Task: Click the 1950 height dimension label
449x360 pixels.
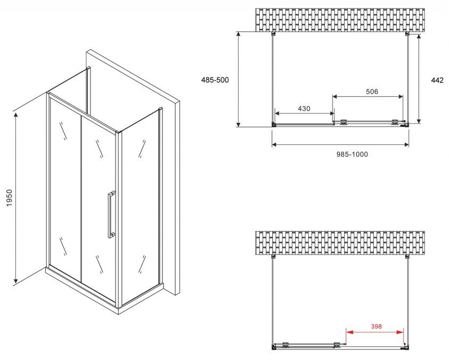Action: (x=10, y=198)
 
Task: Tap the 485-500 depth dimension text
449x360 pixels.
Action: (x=215, y=80)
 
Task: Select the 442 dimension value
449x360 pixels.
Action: (x=437, y=80)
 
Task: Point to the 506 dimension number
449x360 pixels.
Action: (x=372, y=92)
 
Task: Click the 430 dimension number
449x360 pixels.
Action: (x=304, y=109)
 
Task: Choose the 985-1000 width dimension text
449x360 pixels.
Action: (x=352, y=154)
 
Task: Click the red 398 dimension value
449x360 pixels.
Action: (x=376, y=326)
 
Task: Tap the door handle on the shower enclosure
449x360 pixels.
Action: (x=111, y=214)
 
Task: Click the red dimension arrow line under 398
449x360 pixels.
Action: (x=375, y=332)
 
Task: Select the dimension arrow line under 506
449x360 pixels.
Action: (x=368, y=96)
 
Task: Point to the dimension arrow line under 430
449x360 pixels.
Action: (x=304, y=113)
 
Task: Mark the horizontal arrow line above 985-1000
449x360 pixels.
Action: (x=340, y=145)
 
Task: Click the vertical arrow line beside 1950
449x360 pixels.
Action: (x=16, y=198)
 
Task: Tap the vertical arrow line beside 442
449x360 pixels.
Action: (x=419, y=79)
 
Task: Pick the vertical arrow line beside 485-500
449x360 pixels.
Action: (x=238, y=79)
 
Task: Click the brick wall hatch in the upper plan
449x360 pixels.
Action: (x=340, y=20)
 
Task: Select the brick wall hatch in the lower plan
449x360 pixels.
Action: (x=340, y=243)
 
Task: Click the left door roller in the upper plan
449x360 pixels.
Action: (x=344, y=122)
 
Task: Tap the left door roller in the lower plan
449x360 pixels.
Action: (x=285, y=345)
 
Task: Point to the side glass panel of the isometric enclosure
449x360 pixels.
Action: (x=140, y=205)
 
